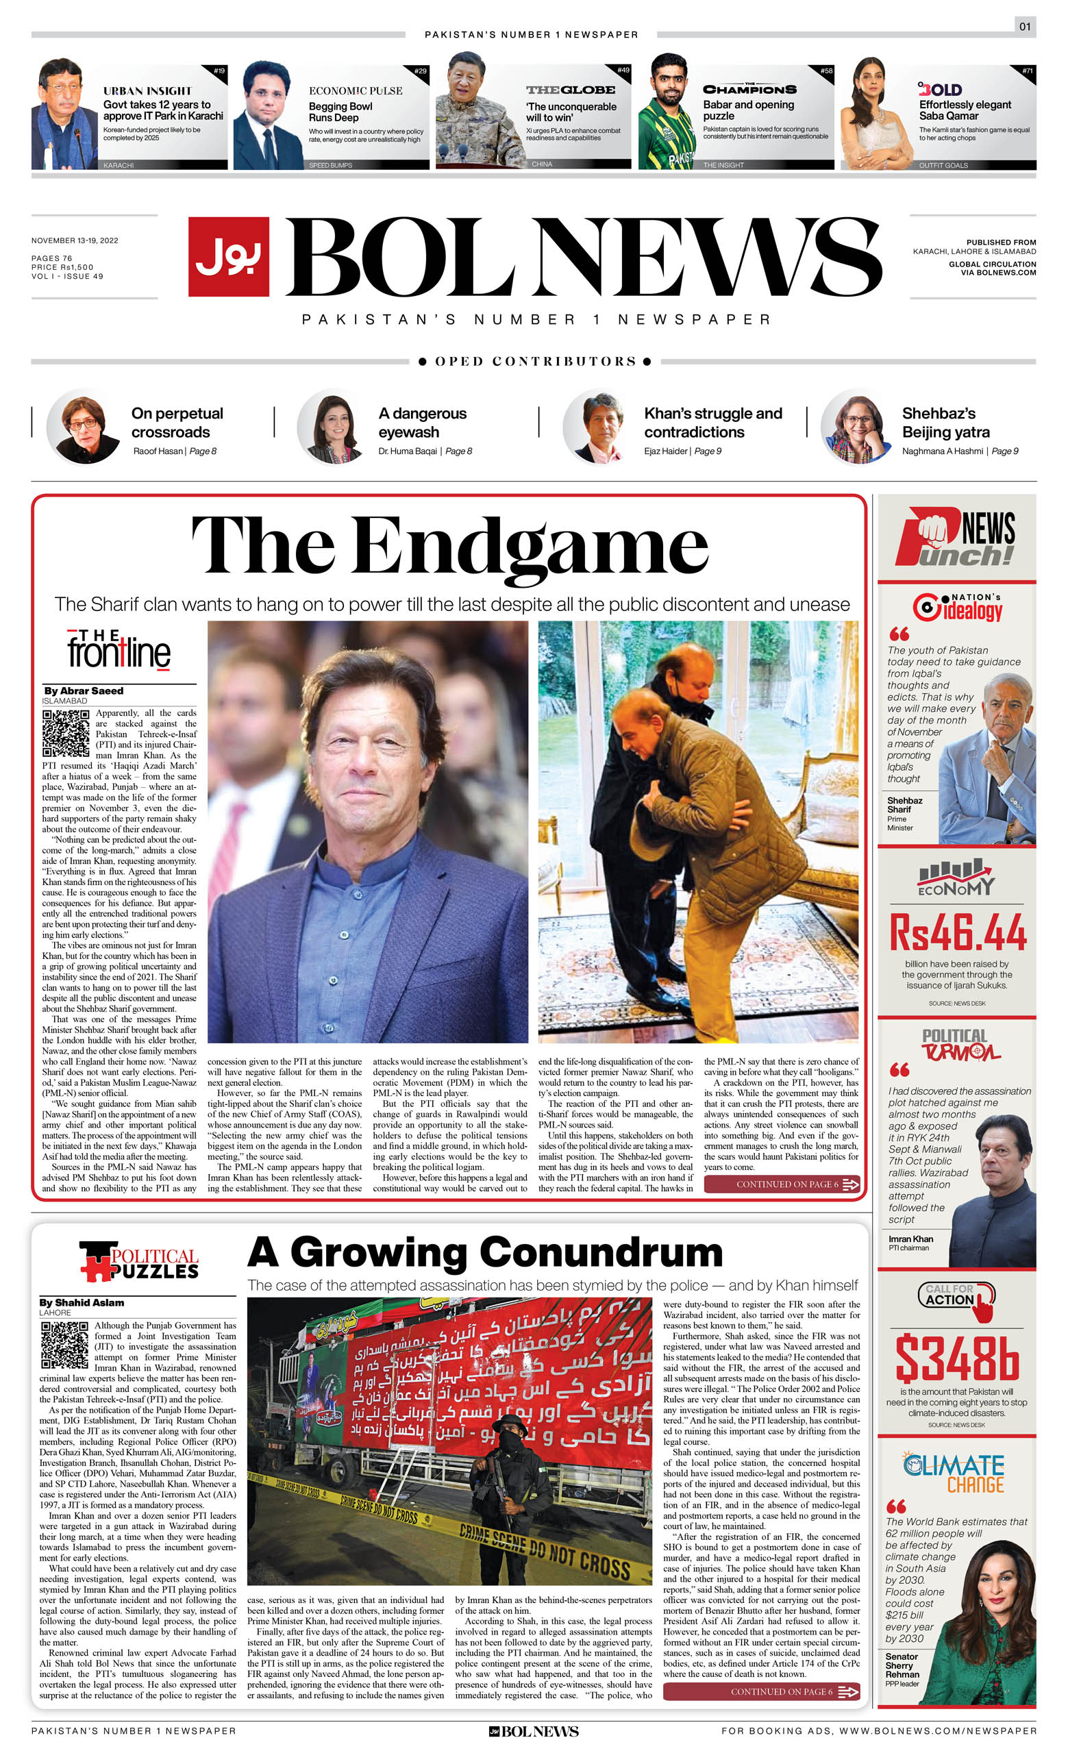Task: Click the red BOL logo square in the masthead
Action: [228, 256]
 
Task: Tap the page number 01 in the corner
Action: [1025, 27]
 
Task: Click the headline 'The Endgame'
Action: [449, 546]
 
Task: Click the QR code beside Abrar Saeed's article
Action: [66, 733]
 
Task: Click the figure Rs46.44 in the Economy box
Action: [958, 933]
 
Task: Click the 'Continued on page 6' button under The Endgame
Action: [782, 1184]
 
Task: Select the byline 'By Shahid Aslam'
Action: [82, 1303]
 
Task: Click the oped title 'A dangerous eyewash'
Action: [422, 423]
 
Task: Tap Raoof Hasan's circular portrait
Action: [84, 427]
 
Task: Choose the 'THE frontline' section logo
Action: [119, 649]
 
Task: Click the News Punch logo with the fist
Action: [956, 538]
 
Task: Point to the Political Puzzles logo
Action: [140, 1261]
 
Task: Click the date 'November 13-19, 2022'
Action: [75, 240]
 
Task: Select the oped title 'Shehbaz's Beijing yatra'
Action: [945, 423]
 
